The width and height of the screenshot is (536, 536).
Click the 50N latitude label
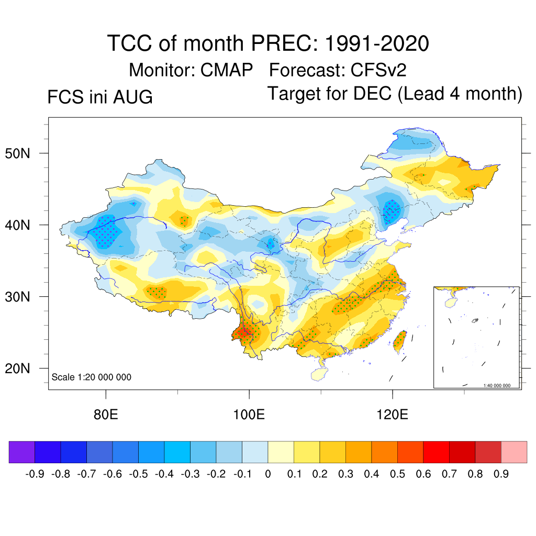point(17,153)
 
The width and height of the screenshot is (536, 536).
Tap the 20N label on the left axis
point(17,368)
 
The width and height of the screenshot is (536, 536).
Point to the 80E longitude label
point(106,415)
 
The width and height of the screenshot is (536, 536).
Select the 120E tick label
point(392,415)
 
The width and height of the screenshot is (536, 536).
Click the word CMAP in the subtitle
point(226,70)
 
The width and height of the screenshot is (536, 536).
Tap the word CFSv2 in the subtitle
point(378,70)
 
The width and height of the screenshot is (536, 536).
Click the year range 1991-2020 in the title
point(377,43)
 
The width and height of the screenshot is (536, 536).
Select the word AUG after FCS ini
point(132,97)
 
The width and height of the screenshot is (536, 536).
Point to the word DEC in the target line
point(372,93)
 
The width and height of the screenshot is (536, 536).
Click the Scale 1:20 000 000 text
point(91,377)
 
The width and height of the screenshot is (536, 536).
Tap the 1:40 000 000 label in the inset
point(497,385)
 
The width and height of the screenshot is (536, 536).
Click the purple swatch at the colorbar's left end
point(22,452)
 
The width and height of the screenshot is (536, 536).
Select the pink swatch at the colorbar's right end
point(514,452)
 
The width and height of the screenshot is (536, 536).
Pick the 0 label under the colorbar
point(268,474)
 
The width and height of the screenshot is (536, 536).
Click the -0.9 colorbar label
point(35,474)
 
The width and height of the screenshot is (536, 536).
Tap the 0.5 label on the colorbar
point(398,474)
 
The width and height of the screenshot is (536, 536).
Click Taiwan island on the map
point(400,342)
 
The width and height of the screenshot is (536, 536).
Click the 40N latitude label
point(17,225)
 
